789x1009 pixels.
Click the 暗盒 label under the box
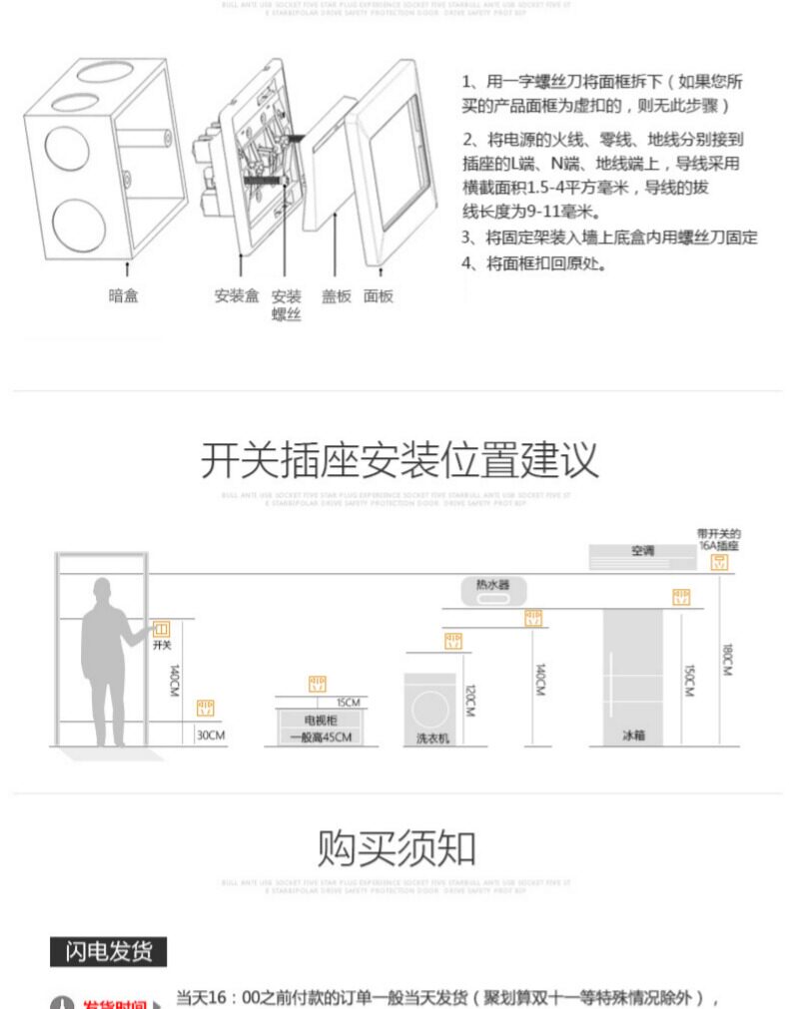point(123,296)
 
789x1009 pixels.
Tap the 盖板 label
point(336,296)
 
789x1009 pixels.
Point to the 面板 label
point(379,296)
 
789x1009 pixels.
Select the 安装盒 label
point(237,296)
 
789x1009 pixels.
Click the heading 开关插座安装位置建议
point(399,460)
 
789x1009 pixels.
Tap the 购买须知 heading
point(396,848)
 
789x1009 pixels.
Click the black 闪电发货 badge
point(108,952)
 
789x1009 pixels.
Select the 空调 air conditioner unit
point(641,552)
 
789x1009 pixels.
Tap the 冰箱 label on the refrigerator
point(633,736)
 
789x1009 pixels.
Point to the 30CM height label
point(210,736)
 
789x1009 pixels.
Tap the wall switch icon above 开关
point(162,630)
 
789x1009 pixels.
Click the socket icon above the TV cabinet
point(318,685)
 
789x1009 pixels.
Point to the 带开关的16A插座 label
point(719,540)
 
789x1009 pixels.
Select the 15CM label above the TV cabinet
point(347,702)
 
